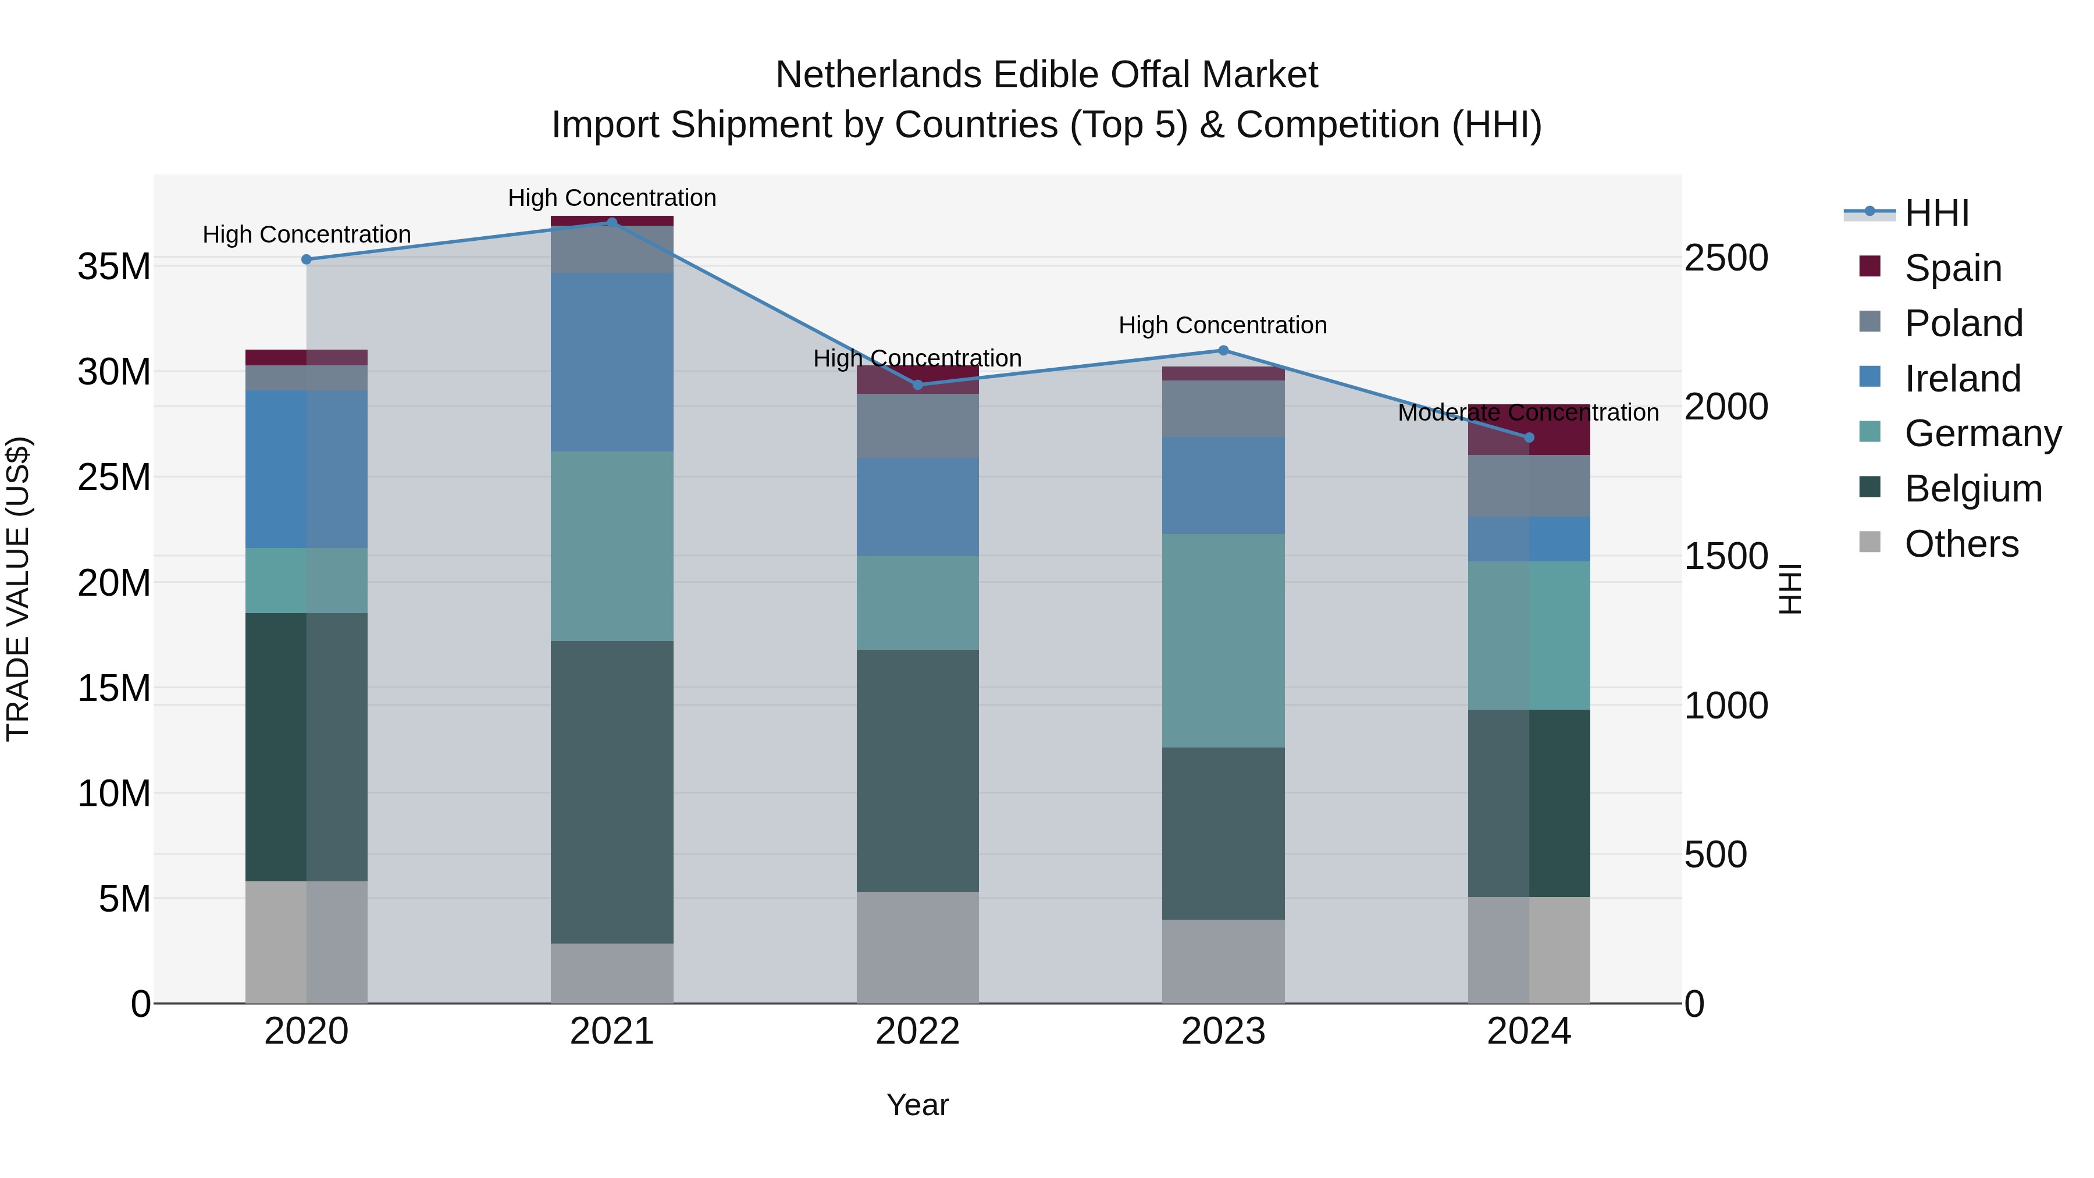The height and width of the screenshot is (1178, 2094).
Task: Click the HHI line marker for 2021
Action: coord(612,222)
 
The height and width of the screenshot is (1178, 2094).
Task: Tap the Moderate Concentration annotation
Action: coord(1527,413)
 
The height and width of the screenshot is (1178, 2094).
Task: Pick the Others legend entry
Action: coord(1961,544)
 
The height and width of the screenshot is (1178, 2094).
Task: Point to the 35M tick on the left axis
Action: coord(114,266)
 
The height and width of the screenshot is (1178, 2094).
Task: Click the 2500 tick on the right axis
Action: coord(1726,258)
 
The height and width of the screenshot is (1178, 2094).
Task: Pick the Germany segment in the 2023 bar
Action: coord(1223,640)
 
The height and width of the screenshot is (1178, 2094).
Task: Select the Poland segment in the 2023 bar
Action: coord(1223,408)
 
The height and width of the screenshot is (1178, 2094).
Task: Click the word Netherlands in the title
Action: coord(878,75)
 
